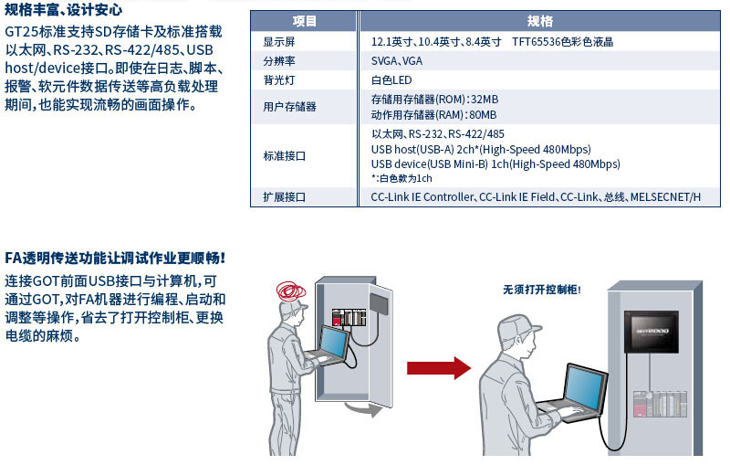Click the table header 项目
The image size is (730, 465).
pyautogui.click(x=305, y=21)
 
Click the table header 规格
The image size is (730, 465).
pyautogui.click(x=539, y=21)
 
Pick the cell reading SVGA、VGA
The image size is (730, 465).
pyautogui.click(x=397, y=61)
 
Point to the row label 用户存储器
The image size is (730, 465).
pyautogui.click(x=289, y=107)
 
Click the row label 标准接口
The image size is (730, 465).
pyautogui.click(x=284, y=156)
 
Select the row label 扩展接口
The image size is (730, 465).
pyautogui.click(x=284, y=197)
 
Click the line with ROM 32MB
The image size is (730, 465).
pyautogui.click(x=434, y=100)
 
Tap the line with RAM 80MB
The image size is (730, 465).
pyautogui.click(x=433, y=115)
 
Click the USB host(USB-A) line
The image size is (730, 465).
pyautogui.click(x=481, y=149)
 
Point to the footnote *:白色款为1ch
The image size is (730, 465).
pyautogui.click(x=401, y=178)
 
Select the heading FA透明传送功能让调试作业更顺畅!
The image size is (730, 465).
pyautogui.click(x=115, y=259)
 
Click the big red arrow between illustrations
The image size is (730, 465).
pyautogui.click(x=436, y=367)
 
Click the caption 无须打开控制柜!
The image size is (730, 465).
pyautogui.click(x=541, y=290)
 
